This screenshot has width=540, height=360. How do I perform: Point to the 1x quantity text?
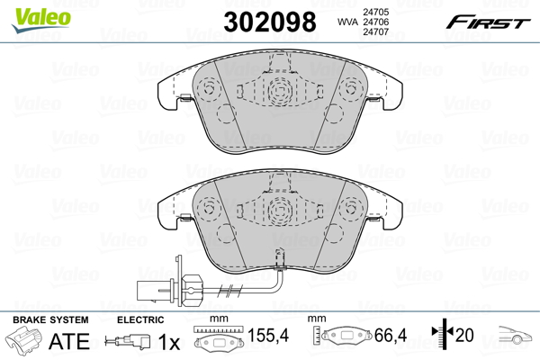(x=169, y=342)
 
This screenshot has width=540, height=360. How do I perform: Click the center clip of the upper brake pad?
(x=276, y=87)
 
